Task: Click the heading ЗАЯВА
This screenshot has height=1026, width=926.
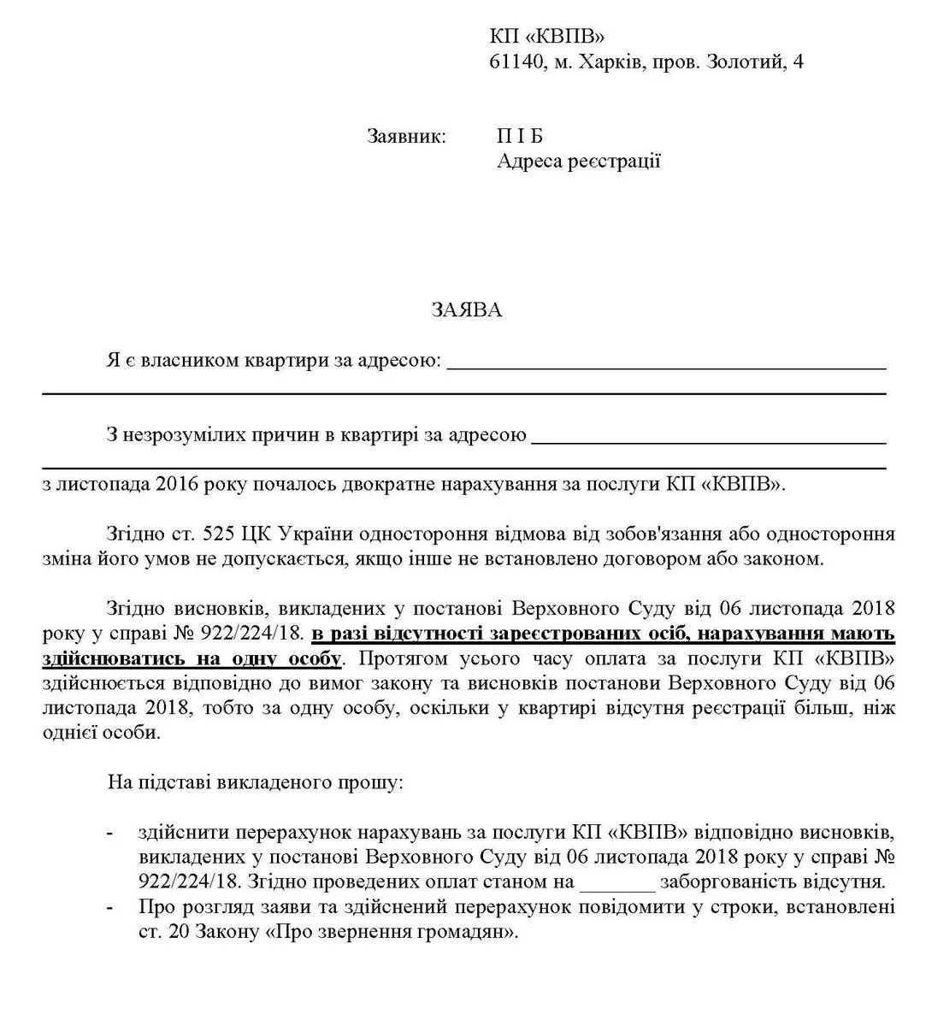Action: (466, 310)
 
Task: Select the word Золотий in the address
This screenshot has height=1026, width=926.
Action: (734, 62)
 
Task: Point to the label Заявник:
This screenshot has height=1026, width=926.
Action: (407, 137)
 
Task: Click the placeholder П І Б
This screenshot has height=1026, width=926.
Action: (520, 137)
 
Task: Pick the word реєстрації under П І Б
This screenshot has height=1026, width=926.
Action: (614, 161)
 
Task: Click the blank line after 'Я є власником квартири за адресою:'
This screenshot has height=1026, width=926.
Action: (666, 364)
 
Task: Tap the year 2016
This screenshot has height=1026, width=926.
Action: (179, 484)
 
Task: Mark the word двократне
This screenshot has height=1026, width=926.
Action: (394, 484)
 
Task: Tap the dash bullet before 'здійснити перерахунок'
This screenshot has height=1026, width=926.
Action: (109, 832)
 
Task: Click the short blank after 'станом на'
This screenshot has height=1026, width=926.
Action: (616, 882)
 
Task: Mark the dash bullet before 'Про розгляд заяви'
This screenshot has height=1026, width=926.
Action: (109, 907)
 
